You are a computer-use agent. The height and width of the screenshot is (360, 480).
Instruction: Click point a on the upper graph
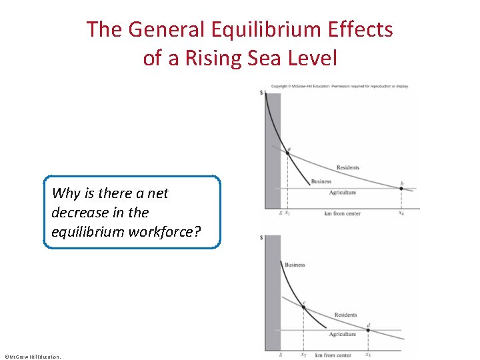[287, 153]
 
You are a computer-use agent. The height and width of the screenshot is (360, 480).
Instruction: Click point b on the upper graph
[401, 188]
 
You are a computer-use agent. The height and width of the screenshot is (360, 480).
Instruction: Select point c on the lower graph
[303, 307]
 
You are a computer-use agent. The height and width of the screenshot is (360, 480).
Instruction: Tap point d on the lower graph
[368, 330]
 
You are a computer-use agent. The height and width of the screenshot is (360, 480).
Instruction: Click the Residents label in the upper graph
[348, 167]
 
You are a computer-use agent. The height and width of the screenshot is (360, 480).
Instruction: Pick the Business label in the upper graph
[321, 181]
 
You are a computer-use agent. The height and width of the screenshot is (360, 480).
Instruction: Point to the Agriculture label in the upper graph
[343, 193]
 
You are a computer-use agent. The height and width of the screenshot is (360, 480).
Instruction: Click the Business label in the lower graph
[295, 265]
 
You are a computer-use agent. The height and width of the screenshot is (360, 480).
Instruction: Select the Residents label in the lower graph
[345, 315]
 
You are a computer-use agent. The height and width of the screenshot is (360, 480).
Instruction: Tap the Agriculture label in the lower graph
[343, 334]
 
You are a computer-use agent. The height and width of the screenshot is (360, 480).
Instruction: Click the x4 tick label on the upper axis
[401, 213]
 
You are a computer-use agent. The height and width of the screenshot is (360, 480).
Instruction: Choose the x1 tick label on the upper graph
[287, 213]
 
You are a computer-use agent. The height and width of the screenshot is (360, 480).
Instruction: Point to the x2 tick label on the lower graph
[303, 355]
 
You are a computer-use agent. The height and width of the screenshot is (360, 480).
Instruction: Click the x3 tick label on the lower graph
[368, 355]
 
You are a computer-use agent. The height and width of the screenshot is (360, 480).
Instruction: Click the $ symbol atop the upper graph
[261, 92]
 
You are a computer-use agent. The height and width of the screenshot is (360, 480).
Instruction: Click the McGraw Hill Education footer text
[32, 357]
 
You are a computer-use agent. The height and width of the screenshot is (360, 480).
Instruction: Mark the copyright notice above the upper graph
[339, 86]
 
